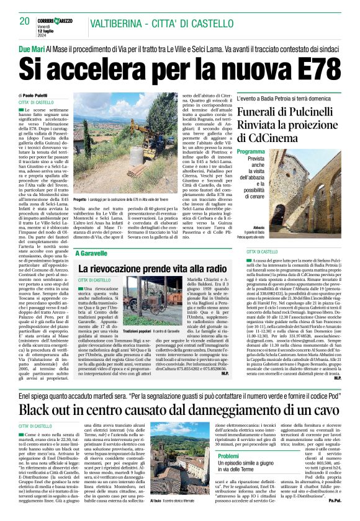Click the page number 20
pyautogui.click(x=25, y=22)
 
